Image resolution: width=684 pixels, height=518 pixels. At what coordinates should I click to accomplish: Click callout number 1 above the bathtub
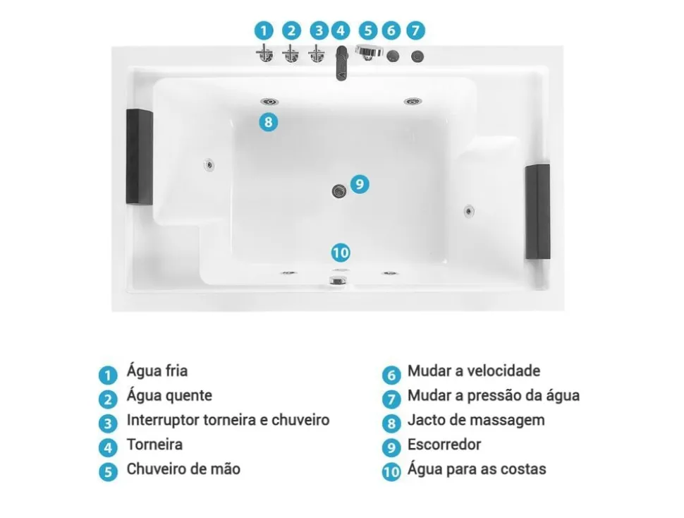(264, 30)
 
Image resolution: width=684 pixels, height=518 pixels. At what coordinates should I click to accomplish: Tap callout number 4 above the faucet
(341, 30)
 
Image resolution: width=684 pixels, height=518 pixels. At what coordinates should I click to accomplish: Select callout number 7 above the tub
(416, 30)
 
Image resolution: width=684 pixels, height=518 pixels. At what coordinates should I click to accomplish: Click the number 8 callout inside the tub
(267, 121)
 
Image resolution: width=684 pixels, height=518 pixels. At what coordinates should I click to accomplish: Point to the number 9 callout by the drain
(360, 184)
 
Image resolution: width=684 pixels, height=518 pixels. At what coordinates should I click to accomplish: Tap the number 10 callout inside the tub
(341, 252)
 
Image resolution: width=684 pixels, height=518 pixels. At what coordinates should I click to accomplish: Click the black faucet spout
(341, 64)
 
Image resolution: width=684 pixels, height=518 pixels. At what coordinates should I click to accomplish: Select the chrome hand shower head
(370, 52)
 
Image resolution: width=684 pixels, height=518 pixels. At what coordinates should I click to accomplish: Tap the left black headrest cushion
(140, 157)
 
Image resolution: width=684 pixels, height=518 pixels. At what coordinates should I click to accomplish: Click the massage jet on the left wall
(209, 164)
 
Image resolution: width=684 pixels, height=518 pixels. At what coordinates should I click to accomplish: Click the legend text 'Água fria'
(157, 371)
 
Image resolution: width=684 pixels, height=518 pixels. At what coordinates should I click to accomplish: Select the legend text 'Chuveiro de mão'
(183, 469)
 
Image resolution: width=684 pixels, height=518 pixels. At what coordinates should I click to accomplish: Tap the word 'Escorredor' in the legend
(444, 445)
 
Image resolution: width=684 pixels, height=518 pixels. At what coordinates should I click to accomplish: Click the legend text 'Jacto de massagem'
(476, 420)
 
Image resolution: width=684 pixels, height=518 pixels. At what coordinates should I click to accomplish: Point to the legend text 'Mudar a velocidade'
(474, 371)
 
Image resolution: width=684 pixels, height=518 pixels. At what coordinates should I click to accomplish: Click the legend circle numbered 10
(391, 471)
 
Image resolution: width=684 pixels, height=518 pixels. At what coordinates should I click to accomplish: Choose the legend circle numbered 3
(108, 423)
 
